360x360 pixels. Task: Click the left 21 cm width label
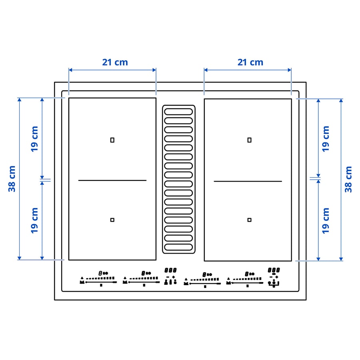pos(115,62)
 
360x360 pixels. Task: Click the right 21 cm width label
pos(250,62)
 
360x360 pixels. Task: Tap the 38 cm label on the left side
pos(12,179)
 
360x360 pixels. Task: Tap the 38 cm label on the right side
pos(348,179)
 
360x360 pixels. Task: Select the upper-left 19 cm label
pos(34,139)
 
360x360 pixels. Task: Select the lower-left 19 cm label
pos(34,220)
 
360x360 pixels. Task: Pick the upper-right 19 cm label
pos(326,139)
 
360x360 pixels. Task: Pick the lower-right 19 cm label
pos(326,221)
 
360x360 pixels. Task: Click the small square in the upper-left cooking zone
pos(112,140)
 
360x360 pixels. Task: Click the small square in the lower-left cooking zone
pos(112,220)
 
